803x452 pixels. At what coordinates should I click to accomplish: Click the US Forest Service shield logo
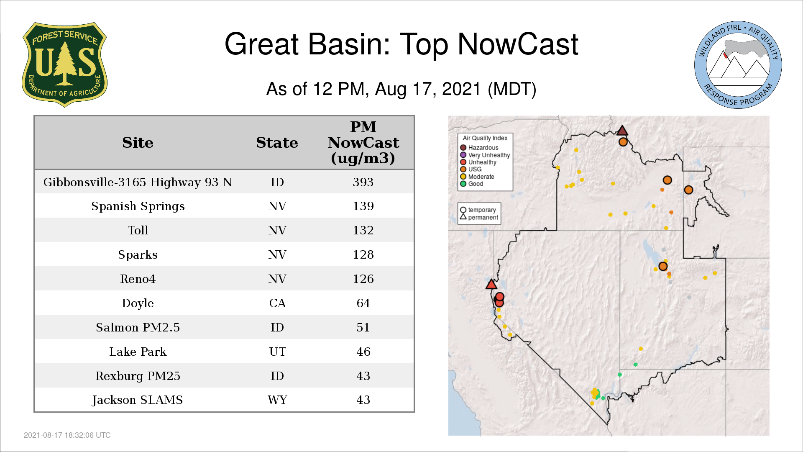pos(64,65)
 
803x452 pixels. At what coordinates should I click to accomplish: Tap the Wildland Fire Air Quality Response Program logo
pos(738,65)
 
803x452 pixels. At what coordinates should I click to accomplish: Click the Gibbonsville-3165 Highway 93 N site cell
pos(138,182)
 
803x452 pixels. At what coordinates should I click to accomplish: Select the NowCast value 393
pos(363,182)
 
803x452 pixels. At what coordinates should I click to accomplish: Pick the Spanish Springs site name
pos(138,206)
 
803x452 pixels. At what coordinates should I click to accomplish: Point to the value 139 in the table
pos(363,206)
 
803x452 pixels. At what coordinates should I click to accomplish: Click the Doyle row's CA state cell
pos(277,303)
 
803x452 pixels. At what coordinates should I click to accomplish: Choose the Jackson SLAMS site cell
pos(138,400)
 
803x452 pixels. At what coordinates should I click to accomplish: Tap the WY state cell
pos(277,400)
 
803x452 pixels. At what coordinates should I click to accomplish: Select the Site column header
pos(138,143)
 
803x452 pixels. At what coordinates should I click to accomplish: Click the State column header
pos(277,143)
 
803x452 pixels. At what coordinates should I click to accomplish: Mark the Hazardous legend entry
pos(479,147)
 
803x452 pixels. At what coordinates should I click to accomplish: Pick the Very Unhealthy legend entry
pos(485,155)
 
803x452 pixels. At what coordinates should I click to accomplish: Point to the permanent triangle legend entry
pos(479,217)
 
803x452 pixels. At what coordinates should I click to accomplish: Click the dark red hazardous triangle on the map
pos(622,131)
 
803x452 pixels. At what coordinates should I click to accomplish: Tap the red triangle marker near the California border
pos(491,285)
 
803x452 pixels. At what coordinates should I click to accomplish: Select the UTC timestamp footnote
pos(67,435)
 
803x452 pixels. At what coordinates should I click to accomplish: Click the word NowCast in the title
pos(518,44)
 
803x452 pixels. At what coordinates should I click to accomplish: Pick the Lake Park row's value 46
pos(363,352)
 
